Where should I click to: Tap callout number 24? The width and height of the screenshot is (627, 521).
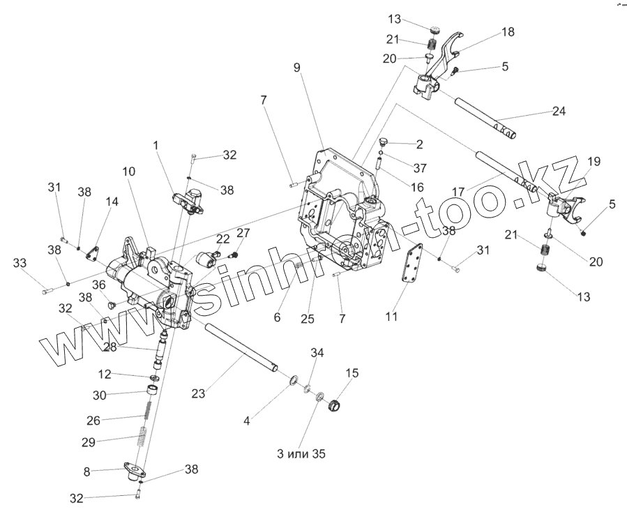558,111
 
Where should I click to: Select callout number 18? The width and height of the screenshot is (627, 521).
506,32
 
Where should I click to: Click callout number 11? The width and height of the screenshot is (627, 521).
392,316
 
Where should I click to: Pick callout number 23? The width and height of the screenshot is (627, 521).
199,393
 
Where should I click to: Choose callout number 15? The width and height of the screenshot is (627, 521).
352,373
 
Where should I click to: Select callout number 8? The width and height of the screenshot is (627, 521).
86,472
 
